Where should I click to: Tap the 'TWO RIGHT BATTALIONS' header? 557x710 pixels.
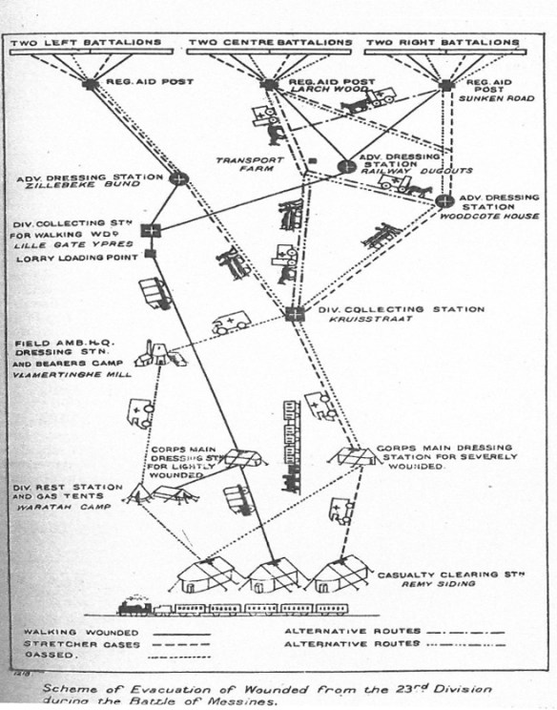tap(443, 43)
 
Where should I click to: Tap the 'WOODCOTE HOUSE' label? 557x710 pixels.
tap(501, 216)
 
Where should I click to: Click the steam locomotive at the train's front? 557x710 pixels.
tap(137, 608)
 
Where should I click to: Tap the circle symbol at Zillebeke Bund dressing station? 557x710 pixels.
tap(178, 178)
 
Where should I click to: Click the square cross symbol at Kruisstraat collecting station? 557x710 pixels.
tap(296, 313)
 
